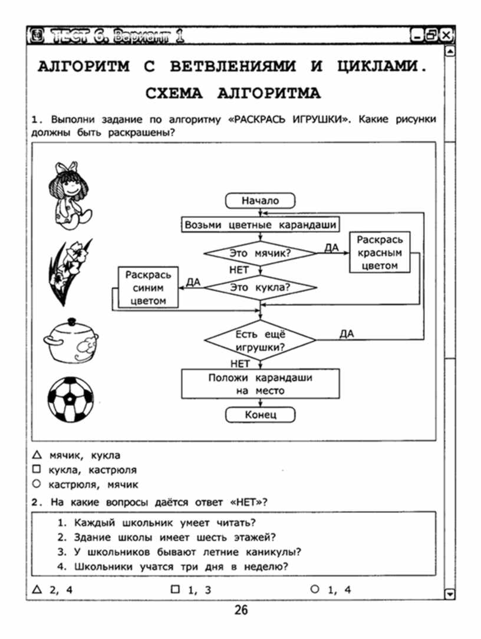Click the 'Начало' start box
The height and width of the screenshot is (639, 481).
pos(260,200)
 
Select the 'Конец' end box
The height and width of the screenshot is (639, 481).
pos(260,415)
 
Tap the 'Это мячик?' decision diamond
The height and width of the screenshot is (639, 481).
pos(261,253)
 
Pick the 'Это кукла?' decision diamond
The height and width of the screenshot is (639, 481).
pos(261,287)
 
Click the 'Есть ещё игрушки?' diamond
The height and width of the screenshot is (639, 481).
pos(261,340)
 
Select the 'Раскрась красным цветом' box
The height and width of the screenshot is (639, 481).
pos(380,253)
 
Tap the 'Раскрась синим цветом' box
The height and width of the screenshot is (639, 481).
pos(148,287)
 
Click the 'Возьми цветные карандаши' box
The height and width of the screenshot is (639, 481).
pos(261,224)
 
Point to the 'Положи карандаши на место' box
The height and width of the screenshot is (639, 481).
pos(261,384)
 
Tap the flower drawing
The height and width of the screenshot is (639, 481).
pos(70,272)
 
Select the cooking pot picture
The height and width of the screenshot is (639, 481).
pos(71,340)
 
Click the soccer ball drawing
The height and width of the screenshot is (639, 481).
pos(71,399)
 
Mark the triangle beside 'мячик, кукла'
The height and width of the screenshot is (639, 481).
pos(37,455)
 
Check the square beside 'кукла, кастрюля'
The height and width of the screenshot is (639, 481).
pos(37,469)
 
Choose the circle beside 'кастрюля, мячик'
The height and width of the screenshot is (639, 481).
pos(37,484)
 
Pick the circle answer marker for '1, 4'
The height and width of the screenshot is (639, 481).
pos(315,589)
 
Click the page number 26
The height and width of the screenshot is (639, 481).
pos(240,610)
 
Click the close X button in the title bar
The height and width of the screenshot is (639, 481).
pos(446,35)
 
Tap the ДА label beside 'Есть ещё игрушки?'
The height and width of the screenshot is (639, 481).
pos(347,334)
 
